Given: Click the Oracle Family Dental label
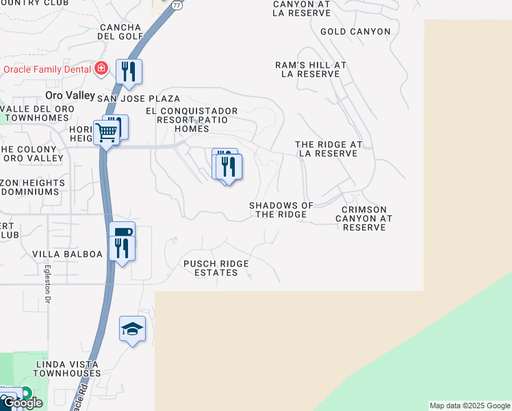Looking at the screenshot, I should [x=47, y=69].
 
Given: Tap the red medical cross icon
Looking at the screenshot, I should [x=101, y=69].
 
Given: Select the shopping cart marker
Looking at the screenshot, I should [x=107, y=132].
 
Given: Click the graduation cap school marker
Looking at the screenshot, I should [x=132, y=330].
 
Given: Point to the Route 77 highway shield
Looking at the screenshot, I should [x=177, y=5].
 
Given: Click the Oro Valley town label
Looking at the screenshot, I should [x=68, y=95].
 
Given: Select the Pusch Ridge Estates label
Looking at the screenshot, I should [x=216, y=268].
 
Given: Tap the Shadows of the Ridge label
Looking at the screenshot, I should [x=281, y=210].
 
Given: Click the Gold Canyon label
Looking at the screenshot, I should [x=355, y=32].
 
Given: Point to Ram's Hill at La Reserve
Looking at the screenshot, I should [x=311, y=69].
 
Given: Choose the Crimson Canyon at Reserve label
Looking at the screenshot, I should [x=363, y=218].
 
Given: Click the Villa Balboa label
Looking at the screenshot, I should [x=67, y=254].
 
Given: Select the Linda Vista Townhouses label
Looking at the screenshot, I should [x=65, y=369].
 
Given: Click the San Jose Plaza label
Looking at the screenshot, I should [x=138, y=99].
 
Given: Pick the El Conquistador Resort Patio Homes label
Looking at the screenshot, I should [x=192, y=119].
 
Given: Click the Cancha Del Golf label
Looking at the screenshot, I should [x=120, y=32].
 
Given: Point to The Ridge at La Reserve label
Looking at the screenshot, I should [x=329, y=149].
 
